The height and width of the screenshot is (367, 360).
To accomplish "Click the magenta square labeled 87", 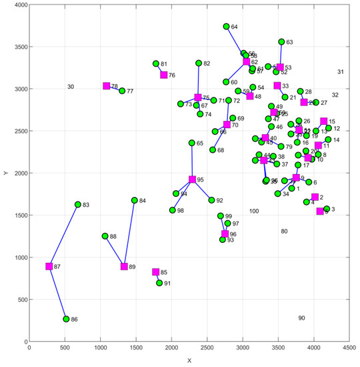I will (x=49, y=266).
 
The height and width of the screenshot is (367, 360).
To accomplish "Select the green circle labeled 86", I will (x=66, y=319).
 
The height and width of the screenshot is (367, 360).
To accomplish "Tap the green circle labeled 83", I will (x=77, y=205).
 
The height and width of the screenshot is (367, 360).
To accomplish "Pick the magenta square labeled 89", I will (x=124, y=266).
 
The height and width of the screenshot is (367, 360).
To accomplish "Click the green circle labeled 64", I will (x=226, y=27).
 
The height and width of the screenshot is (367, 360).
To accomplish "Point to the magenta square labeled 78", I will (x=106, y=86).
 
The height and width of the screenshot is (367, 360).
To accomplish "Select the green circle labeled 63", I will (x=281, y=42).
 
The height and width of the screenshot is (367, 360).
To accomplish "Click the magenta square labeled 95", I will (x=192, y=179).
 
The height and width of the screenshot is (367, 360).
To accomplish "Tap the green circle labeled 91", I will (x=159, y=283).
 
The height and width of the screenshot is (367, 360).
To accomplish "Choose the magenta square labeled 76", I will (x=163, y=75).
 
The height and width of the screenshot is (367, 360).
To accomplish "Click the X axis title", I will (x=189, y=360).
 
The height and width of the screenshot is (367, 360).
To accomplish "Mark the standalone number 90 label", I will (x=301, y=318).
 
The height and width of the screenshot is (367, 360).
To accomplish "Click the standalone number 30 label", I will (x=71, y=87).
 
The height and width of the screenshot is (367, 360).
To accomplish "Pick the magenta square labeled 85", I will (x=155, y=272).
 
